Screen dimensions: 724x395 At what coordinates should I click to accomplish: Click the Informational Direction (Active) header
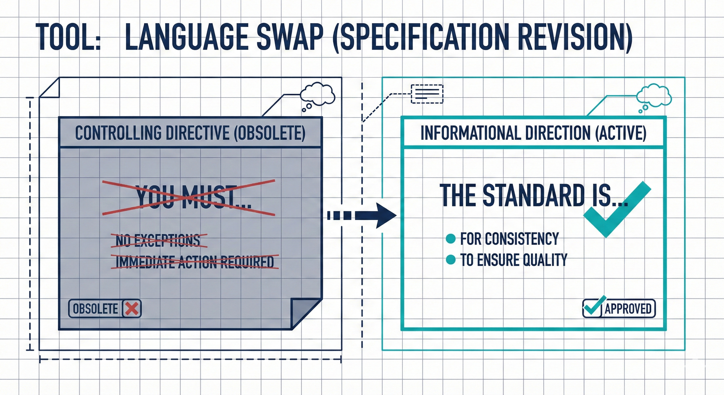(x=533, y=133)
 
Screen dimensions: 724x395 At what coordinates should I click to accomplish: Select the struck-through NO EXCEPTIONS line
(x=158, y=240)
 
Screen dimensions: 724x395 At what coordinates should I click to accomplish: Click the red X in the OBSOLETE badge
(x=132, y=309)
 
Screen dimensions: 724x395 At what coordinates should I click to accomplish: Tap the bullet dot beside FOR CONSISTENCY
(x=450, y=239)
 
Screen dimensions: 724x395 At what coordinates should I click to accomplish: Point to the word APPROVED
(x=628, y=309)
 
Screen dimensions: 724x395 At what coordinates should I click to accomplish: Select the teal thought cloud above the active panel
(x=654, y=96)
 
